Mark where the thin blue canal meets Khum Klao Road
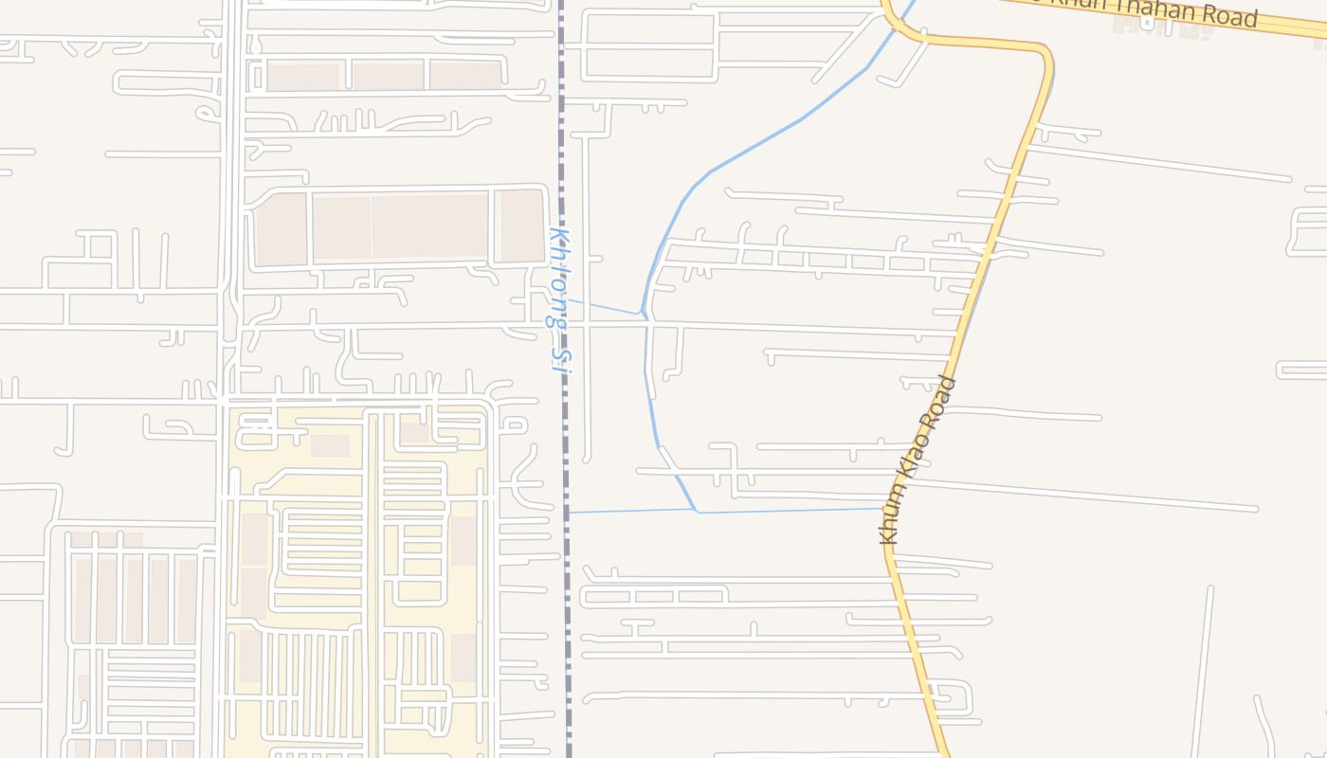pyautogui.click(x=885, y=509)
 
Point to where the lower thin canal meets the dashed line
pyautogui.click(x=569, y=513)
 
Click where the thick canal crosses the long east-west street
pyautogui.click(x=647, y=324)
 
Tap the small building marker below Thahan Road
pyautogui.click(x=1148, y=24)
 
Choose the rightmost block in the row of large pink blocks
pyautogui.click(x=520, y=226)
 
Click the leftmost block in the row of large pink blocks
pyautogui.click(x=281, y=228)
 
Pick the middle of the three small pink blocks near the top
pyautogui.click(x=389, y=76)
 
